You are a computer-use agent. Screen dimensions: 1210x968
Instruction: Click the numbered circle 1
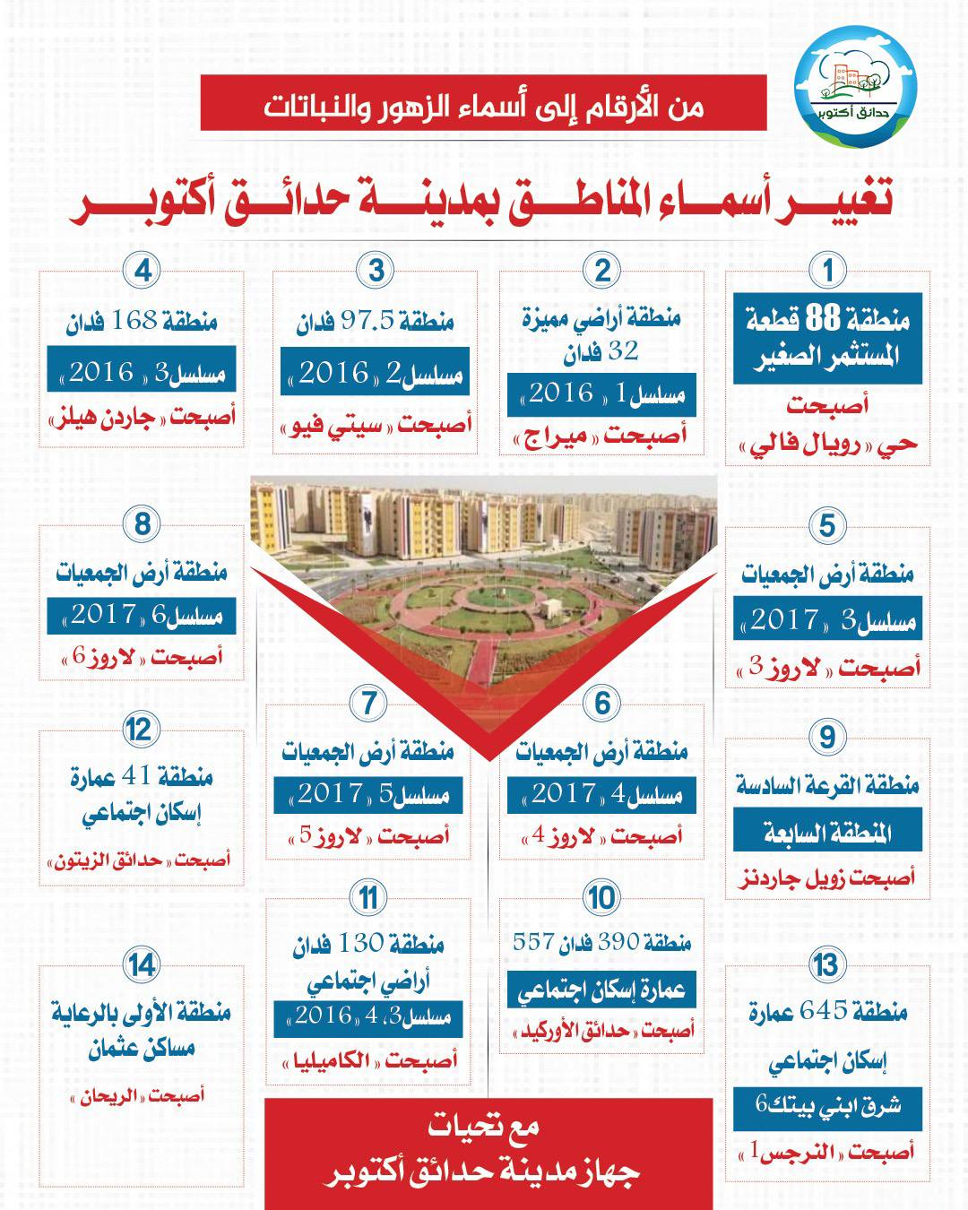click(827, 270)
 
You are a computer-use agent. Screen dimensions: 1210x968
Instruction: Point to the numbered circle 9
click(827, 737)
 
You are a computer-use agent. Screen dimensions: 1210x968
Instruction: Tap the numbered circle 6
click(603, 704)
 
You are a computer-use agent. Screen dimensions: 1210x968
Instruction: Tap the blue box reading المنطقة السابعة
click(827, 833)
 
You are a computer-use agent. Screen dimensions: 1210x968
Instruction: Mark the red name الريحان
click(117, 1095)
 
